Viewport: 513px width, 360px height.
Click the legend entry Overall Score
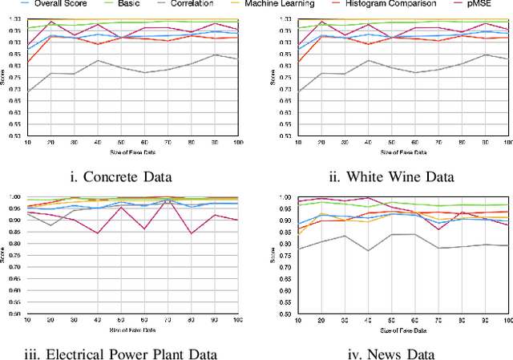click(x=60, y=4)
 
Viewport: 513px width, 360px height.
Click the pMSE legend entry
click(x=491, y=4)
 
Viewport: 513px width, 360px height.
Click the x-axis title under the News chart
click(x=402, y=330)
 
